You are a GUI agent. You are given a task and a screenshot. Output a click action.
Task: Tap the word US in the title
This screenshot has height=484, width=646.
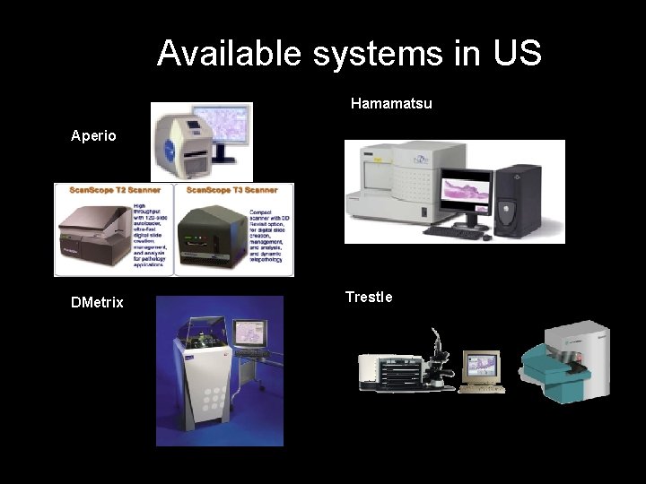pyautogui.click(x=517, y=54)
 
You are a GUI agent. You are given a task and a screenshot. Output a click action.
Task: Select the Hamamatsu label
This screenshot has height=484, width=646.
pyautogui.click(x=391, y=104)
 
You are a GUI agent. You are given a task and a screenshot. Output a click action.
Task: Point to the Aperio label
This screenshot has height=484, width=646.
pyautogui.click(x=94, y=136)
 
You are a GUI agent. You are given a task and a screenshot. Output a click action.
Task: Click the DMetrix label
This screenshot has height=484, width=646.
pyautogui.click(x=97, y=303)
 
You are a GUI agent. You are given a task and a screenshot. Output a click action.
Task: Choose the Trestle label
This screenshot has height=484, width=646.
pyautogui.click(x=369, y=297)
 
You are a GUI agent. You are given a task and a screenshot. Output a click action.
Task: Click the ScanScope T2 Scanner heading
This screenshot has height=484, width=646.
pyautogui.click(x=109, y=190)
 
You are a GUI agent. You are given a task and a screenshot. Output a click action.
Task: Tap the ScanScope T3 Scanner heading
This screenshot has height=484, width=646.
pyautogui.click(x=232, y=190)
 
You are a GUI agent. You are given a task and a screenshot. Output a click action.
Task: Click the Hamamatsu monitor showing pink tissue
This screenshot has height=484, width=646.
pyautogui.click(x=465, y=195)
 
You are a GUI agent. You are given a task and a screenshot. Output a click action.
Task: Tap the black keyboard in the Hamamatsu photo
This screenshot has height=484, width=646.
pyautogui.click(x=457, y=231)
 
